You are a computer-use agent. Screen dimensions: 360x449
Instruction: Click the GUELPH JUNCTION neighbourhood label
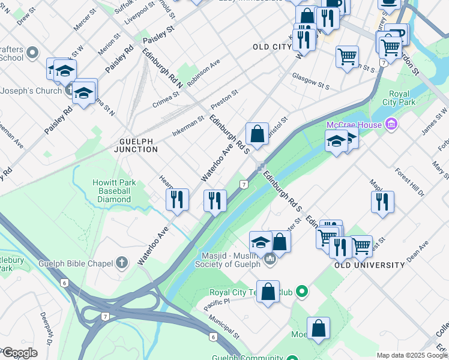coord(136,145)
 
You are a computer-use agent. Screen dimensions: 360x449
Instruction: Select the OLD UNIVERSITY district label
coord(369,265)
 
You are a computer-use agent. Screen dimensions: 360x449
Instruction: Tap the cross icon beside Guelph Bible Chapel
coord(122,262)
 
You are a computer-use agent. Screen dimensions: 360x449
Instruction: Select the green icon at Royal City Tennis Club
coord(303,293)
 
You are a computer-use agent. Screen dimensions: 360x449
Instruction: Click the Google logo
coord(20,353)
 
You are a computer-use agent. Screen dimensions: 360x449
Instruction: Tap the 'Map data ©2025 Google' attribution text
coord(412,355)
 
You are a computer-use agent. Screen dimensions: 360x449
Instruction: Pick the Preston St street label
coord(224,100)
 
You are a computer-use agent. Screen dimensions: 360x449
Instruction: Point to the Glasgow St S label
coord(311,80)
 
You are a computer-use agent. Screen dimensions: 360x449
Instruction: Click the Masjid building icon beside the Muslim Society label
coord(269,260)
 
